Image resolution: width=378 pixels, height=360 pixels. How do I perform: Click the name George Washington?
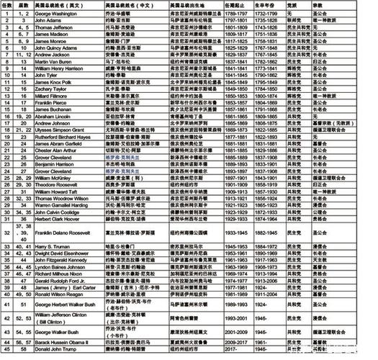[x=57, y=14]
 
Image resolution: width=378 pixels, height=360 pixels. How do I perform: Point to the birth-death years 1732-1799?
[x=264, y=14]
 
